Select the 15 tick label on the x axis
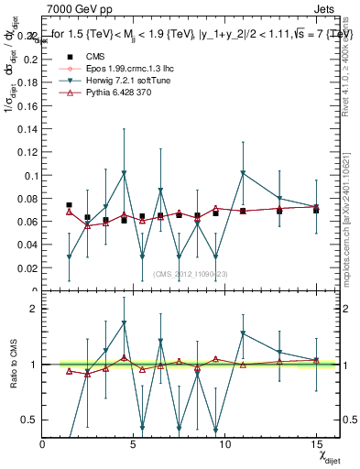click(x=315, y=443)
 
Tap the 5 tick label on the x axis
click(x=134, y=443)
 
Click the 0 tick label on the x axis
click(x=43, y=443)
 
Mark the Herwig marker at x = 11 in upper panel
click(x=243, y=172)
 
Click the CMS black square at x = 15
click(x=316, y=210)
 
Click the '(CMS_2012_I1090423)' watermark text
click(x=189, y=274)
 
